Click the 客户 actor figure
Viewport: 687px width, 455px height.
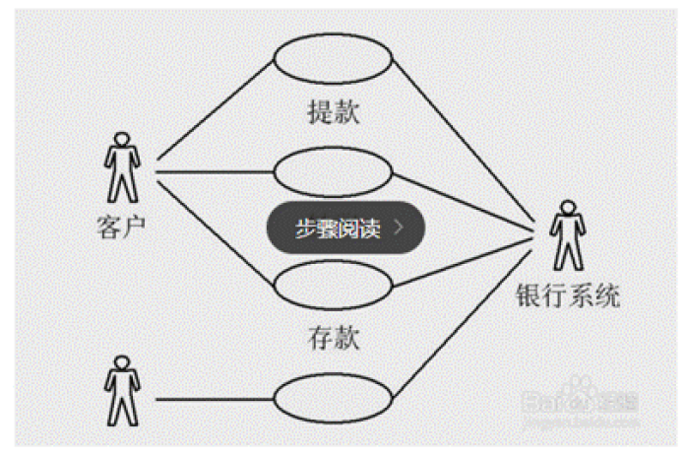[122, 168]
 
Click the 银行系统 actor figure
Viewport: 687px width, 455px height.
[566, 236]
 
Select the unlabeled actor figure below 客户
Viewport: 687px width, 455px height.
[120, 391]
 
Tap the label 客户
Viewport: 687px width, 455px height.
[122, 225]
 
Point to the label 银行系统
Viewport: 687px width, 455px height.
[568, 294]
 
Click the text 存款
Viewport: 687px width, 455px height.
[333, 341]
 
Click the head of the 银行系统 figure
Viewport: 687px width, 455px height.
[566, 209]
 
